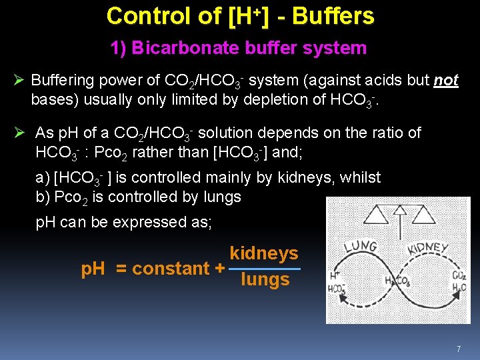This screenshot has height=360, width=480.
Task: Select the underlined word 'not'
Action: [445, 81]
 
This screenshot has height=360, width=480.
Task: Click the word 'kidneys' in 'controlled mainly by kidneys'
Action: [347, 177]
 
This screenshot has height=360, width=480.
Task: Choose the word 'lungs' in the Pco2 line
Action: [218, 197]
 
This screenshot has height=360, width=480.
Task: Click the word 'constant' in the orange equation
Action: [171, 269]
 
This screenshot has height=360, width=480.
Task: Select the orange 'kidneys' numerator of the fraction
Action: [264, 253]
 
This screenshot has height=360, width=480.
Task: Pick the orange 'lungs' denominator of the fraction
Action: [265, 279]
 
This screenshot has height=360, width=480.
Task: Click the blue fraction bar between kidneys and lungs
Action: [264, 267]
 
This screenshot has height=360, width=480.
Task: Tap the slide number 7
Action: [459, 349]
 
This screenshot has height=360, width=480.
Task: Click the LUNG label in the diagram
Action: [360, 249]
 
